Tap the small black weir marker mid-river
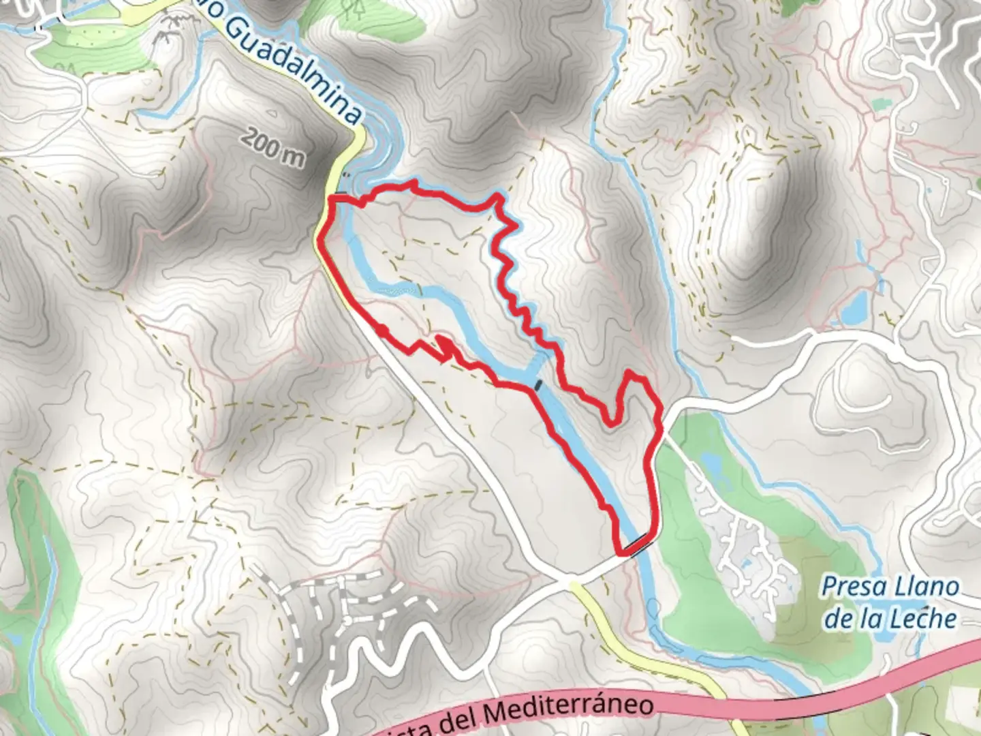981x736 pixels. (539, 386)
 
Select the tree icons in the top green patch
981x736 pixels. (353, 8)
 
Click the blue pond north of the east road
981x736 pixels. (854, 310)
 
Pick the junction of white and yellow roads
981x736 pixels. (571, 581)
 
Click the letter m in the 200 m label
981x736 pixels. (294, 157)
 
